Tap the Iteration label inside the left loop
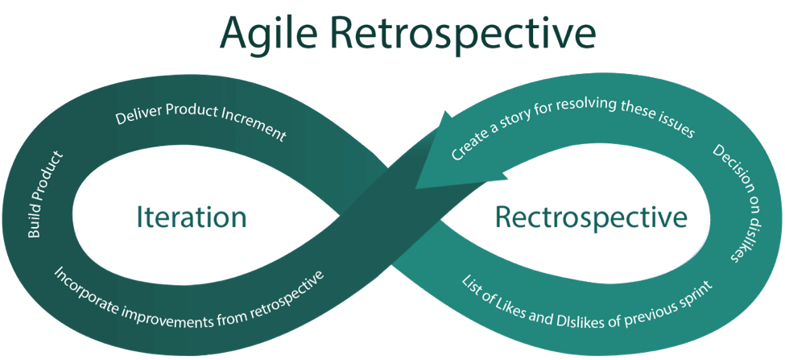click(x=190, y=217)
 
